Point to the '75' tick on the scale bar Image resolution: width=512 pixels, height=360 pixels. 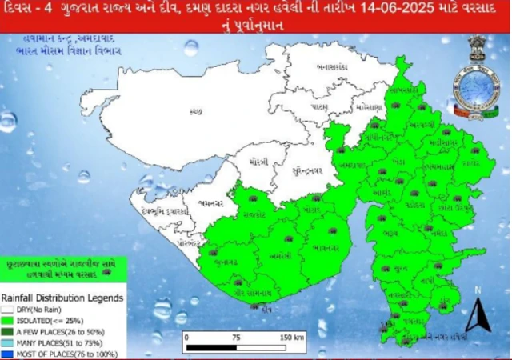(x=237, y=338)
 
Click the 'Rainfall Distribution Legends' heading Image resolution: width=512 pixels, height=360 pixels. (x=62, y=298)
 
